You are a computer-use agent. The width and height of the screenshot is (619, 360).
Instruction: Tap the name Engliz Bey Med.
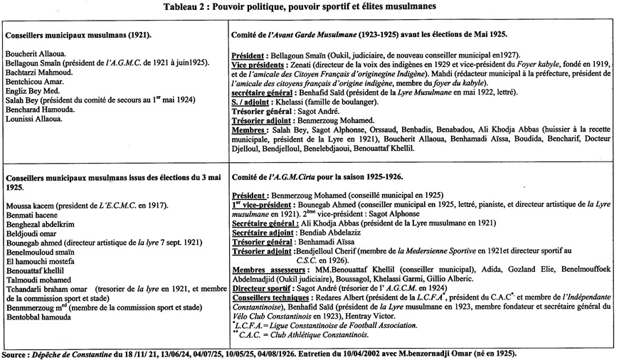(28, 91)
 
